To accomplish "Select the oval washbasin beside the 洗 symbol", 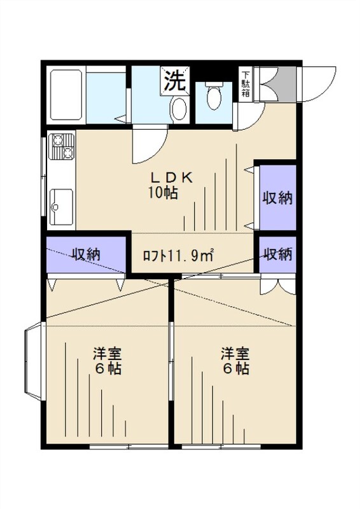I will [x=179, y=109].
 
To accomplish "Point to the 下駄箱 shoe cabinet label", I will [x=245, y=85].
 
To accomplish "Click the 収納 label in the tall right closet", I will [x=277, y=198].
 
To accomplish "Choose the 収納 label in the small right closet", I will [x=277, y=254].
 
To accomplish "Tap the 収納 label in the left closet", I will [x=86, y=254].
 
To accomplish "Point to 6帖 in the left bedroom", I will [x=107, y=368].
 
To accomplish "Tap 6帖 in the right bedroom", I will [x=235, y=368].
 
